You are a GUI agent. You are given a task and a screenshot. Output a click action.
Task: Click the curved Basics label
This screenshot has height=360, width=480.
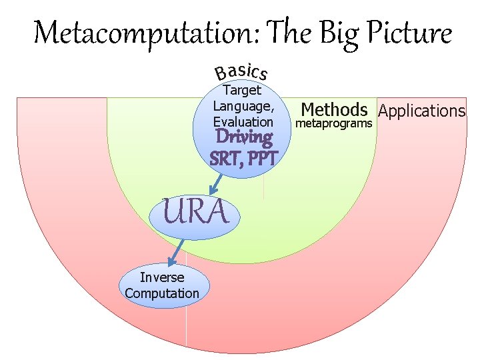241,71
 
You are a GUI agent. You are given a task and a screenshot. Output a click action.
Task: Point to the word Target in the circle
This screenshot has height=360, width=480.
242,90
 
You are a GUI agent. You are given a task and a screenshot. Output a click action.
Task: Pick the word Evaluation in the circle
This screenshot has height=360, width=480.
243,122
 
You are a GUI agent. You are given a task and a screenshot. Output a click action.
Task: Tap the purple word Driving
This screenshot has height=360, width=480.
244,139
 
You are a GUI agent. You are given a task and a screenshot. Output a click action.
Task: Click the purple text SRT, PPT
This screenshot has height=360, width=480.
243,159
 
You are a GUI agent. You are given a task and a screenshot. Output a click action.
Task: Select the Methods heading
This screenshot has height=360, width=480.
335,109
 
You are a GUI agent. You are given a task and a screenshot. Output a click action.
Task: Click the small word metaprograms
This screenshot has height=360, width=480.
333,124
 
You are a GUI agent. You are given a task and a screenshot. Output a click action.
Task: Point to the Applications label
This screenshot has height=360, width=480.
421,111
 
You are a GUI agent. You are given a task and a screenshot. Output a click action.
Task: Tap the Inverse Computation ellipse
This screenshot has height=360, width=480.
162,285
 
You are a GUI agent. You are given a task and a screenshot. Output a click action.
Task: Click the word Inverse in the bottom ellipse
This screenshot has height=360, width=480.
162,277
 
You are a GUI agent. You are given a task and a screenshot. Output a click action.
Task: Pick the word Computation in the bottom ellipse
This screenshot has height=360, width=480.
162,293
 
